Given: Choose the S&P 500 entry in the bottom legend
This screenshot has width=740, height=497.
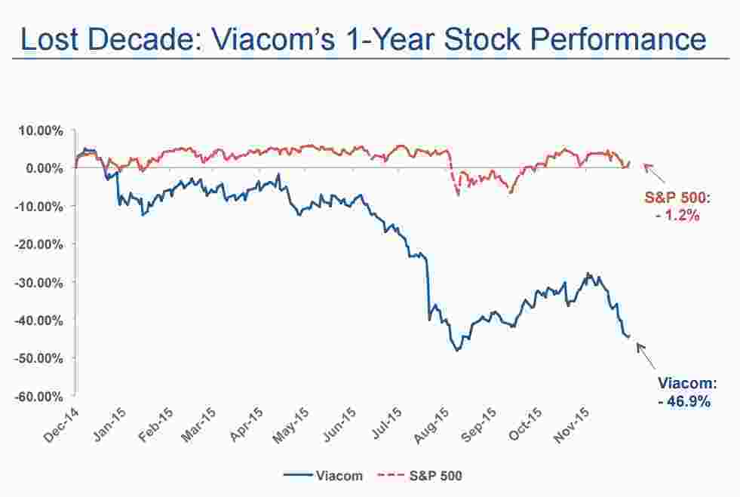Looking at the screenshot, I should click(x=437, y=476).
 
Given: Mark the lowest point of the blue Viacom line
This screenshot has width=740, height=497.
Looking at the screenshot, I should click(x=457, y=351).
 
